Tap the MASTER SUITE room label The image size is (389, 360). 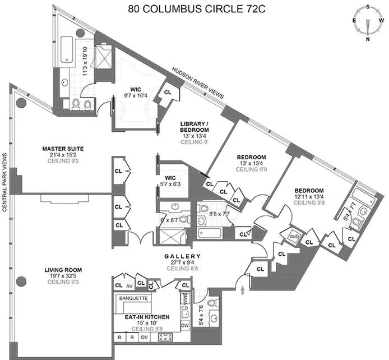pos(63,149)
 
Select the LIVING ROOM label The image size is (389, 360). pos(63,270)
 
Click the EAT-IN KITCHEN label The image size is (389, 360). pos(144,317)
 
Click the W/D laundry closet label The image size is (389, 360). pos(294,236)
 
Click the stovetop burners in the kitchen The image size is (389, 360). pos(166,338)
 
